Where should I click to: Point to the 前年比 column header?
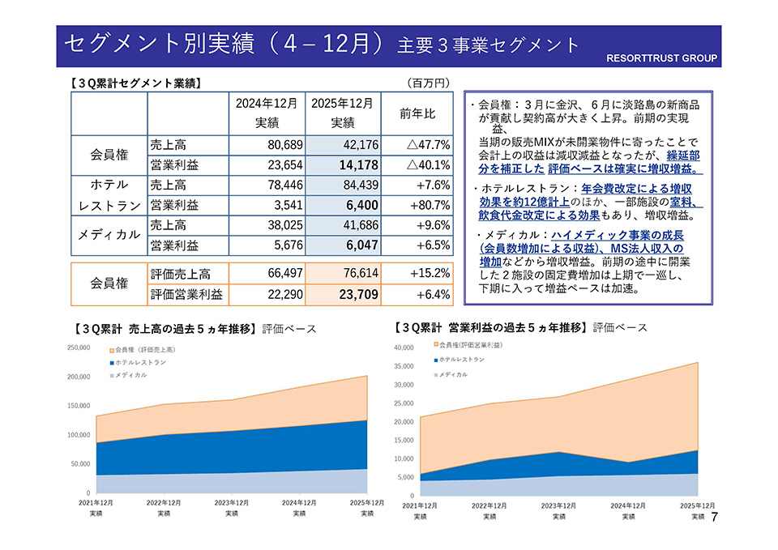coord(417,113)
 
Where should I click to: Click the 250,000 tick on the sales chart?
coord(79,347)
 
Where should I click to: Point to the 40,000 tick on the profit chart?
coord(403,347)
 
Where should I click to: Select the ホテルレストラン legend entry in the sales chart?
coord(140,363)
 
